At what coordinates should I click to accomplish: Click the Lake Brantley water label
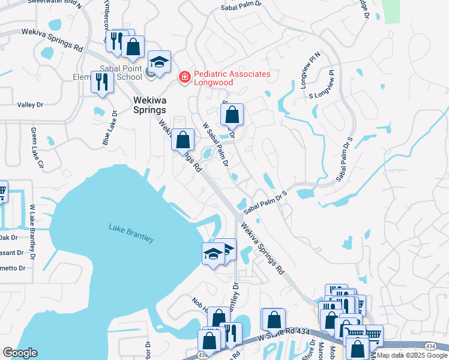pos(131,233)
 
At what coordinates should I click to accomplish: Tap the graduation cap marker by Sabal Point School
pos(159,62)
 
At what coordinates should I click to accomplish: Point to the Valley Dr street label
pos(30,104)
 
